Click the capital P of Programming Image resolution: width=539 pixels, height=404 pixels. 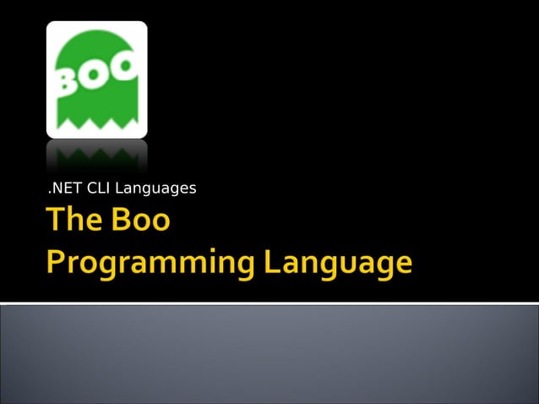(x=56, y=261)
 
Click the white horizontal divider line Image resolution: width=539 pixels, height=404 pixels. (x=269, y=303)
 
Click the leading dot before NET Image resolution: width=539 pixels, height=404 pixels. (x=48, y=191)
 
